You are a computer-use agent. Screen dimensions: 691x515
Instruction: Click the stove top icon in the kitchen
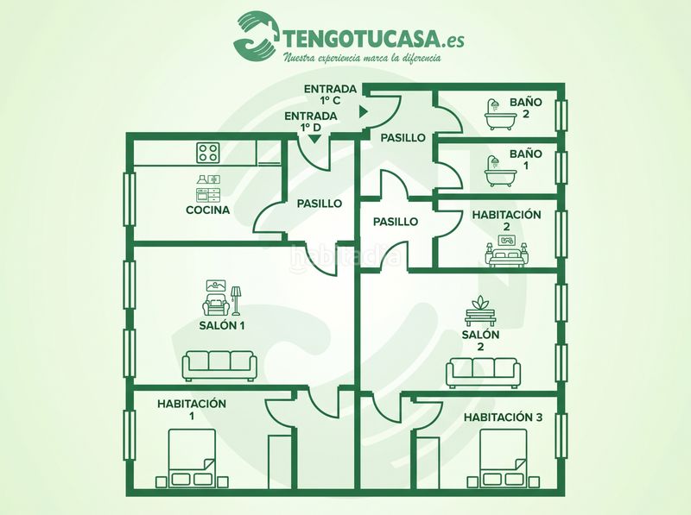point(208,153)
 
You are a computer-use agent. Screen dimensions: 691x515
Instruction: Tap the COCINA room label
point(208,210)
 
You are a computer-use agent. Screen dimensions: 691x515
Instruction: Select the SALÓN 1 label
point(222,326)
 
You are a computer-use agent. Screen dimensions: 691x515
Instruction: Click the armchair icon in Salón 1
point(216,304)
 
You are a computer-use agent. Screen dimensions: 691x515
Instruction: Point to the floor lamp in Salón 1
point(236,301)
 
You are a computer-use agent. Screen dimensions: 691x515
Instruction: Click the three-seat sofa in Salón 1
point(219,366)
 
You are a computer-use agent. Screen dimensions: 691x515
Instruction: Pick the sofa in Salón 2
point(483,373)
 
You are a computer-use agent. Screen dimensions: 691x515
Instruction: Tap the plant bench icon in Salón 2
point(480,311)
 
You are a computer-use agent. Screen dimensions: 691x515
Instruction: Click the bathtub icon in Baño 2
point(500,115)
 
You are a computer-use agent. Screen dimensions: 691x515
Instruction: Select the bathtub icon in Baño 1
point(500,171)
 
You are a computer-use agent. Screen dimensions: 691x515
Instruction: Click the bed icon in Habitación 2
point(507,251)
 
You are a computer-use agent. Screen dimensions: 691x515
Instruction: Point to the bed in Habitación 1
point(192,459)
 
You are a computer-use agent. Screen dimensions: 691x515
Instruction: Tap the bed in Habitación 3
point(503,459)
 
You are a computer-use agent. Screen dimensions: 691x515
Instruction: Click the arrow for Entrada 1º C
point(363,112)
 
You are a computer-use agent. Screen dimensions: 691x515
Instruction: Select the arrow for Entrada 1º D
point(314,140)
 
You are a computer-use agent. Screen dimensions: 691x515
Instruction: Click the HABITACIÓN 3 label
point(503,418)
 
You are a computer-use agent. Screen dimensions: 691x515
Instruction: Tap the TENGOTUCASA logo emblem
point(257,35)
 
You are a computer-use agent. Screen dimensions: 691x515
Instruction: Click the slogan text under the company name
point(361,57)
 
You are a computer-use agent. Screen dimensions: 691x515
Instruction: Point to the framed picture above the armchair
point(216,286)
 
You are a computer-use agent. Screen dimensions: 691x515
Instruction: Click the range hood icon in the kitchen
point(203,179)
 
